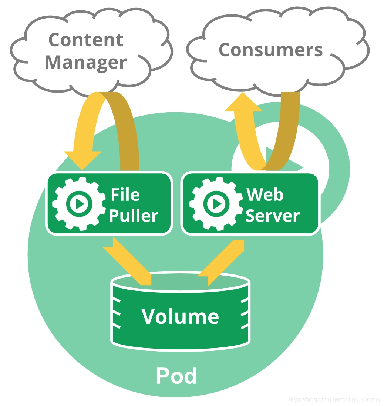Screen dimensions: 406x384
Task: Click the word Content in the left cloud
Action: pyautogui.click(x=86, y=40)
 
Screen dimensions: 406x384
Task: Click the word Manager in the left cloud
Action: pyautogui.click(x=86, y=62)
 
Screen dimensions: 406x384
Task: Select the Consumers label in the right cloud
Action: pyautogui.click(x=270, y=50)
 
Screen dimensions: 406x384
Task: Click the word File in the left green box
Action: pyautogui.click(x=125, y=194)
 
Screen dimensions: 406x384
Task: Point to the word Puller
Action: pyautogui.click(x=134, y=216)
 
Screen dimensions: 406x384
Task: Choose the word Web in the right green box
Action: pyautogui.click(x=265, y=194)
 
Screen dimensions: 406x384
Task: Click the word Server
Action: pyautogui.click(x=272, y=216)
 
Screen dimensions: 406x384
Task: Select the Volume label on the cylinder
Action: pyautogui.click(x=180, y=317)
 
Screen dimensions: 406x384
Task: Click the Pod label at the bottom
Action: pyautogui.click(x=176, y=376)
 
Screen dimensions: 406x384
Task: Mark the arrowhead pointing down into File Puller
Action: pyautogui.click(x=82, y=160)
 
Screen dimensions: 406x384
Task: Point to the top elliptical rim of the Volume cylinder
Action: pyautogui.click(x=180, y=279)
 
